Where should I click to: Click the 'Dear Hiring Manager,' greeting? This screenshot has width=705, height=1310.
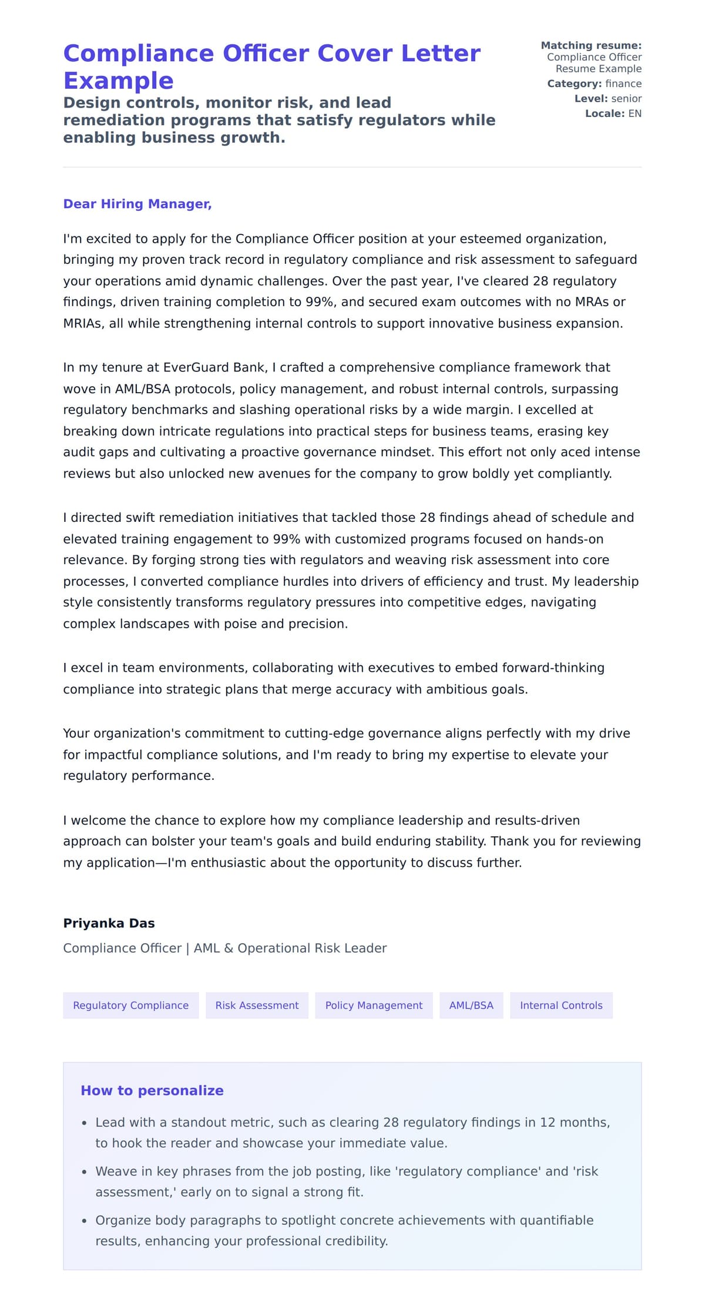pyautogui.click(x=137, y=204)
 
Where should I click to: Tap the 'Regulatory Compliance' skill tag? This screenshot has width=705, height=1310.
pyautogui.click(x=130, y=1005)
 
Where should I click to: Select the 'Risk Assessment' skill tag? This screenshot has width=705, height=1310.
pyautogui.click(x=257, y=1005)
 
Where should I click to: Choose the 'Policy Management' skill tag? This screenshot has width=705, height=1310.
pyautogui.click(x=374, y=1005)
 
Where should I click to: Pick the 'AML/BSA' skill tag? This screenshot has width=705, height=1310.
pyautogui.click(x=471, y=1005)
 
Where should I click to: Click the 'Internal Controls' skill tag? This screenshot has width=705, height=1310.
pyautogui.click(x=561, y=1005)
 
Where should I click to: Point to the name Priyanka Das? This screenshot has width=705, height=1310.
pyautogui.click(x=109, y=923)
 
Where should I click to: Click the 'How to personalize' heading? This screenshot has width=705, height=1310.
pyautogui.click(x=152, y=1090)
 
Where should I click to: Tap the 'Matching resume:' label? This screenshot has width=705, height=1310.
pyautogui.click(x=591, y=45)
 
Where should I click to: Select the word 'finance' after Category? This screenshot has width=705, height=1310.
pyautogui.click(x=623, y=83)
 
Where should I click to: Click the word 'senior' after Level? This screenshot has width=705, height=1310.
pyautogui.click(x=626, y=99)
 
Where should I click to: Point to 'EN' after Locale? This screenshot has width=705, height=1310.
pyautogui.click(x=634, y=113)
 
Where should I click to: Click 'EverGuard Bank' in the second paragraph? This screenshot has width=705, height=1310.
pyautogui.click(x=213, y=367)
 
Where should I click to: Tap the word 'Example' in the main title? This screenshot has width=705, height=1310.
pyautogui.click(x=118, y=81)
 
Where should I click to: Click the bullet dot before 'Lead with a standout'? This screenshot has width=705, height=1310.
pyautogui.click(x=85, y=1123)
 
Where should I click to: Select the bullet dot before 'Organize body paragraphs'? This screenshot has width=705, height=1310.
pyautogui.click(x=85, y=1221)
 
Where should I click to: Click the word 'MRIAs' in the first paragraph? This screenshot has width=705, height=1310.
pyautogui.click(x=82, y=323)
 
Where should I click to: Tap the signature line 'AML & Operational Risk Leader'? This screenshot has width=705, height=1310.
pyautogui.click(x=290, y=948)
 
